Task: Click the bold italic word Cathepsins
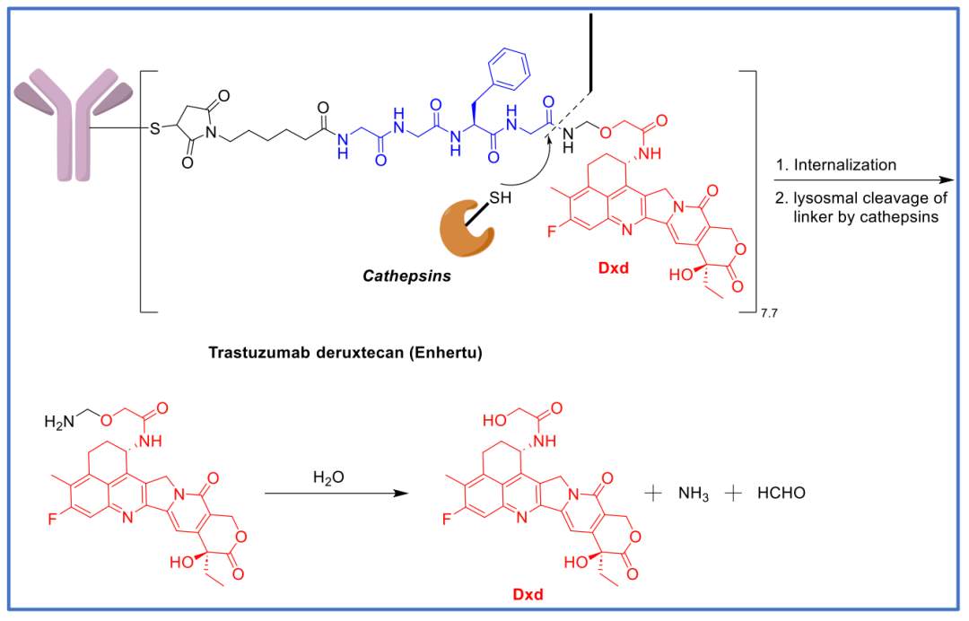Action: point(406,276)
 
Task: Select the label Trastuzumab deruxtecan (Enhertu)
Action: point(345,353)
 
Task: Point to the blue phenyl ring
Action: point(509,68)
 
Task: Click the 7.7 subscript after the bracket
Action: point(769,314)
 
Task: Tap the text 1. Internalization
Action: point(836,165)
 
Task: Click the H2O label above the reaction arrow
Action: point(328,477)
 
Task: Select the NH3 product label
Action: point(693,494)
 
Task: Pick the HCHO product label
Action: point(781,493)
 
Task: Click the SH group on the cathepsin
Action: point(500,197)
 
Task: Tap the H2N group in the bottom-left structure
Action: point(59,422)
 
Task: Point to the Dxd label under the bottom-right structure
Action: point(528,594)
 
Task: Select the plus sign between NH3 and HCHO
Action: point(733,493)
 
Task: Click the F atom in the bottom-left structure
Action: point(53,519)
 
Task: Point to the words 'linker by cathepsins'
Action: point(866,217)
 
